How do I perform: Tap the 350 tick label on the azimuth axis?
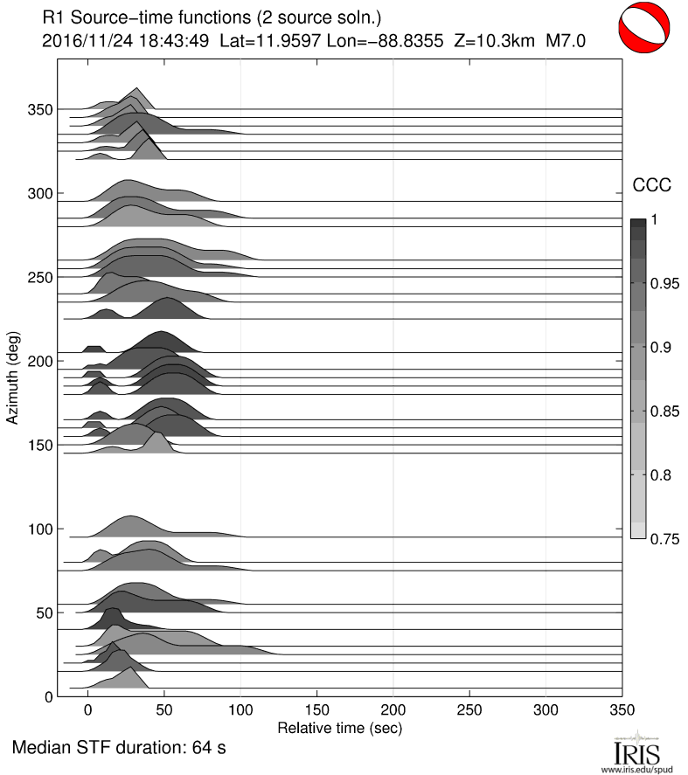coord(38,109)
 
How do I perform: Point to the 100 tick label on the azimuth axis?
coord(38,529)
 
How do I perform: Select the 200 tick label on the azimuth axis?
coord(38,361)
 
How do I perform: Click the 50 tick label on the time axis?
coord(163,711)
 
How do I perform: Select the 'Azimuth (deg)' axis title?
coord(12,377)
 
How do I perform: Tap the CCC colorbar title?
coord(651,183)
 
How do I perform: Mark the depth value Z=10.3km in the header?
coord(491,39)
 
